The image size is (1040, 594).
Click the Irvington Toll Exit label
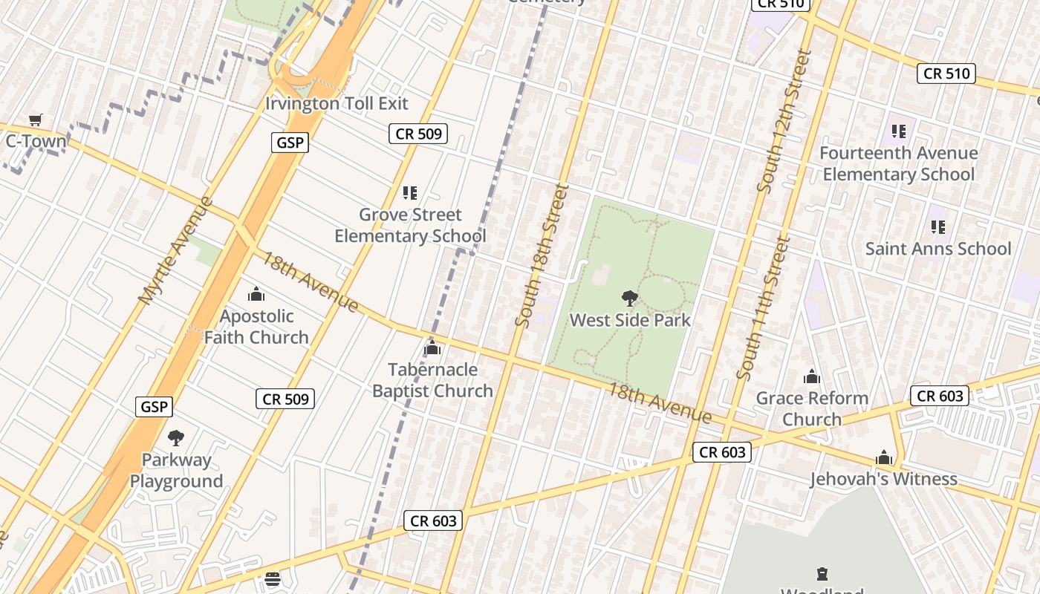click(x=337, y=103)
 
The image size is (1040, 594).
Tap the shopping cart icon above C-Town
click(x=35, y=120)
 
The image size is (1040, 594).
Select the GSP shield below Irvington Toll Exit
click(x=289, y=143)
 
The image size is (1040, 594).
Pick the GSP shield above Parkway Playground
click(x=155, y=407)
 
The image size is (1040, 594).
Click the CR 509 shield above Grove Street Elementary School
click(x=419, y=134)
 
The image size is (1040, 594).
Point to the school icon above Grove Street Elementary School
click(x=409, y=193)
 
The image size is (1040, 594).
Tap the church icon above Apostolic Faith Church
click(x=256, y=295)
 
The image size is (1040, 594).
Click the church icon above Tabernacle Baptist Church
click(x=432, y=347)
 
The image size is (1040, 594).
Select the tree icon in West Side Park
click(x=629, y=298)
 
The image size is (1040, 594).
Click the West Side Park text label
click(x=630, y=320)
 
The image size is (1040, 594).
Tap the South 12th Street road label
click(x=784, y=121)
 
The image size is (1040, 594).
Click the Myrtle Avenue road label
click(x=175, y=250)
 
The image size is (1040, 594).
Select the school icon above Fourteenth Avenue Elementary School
click(x=899, y=131)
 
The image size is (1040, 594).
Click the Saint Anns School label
click(x=937, y=249)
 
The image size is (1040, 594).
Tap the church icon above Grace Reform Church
click(x=812, y=376)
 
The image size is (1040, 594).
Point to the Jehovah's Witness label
click(x=883, y=479)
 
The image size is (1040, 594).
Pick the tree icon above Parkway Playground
click(x=176, y=438)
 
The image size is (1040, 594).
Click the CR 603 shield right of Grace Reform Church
click(x=940, y=396)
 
